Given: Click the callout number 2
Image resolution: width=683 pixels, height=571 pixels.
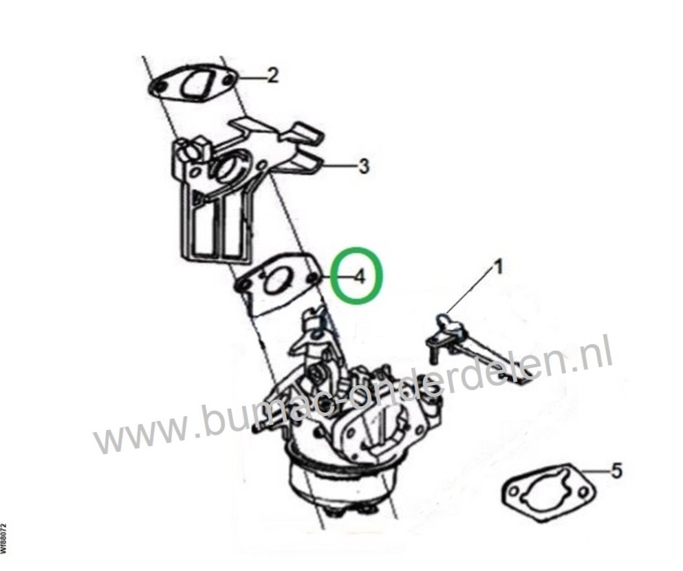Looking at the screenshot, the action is pos(272,76).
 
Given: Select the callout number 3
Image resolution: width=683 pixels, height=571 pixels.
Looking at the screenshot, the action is pos(363,166).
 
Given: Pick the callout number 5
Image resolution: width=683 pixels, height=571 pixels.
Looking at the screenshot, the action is pos(617,471).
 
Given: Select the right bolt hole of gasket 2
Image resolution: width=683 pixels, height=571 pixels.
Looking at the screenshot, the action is pos(228,80).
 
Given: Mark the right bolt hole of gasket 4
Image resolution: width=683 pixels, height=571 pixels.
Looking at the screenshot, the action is pos(312,277).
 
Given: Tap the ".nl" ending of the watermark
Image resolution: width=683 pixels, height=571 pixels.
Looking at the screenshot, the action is pos(594,358).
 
